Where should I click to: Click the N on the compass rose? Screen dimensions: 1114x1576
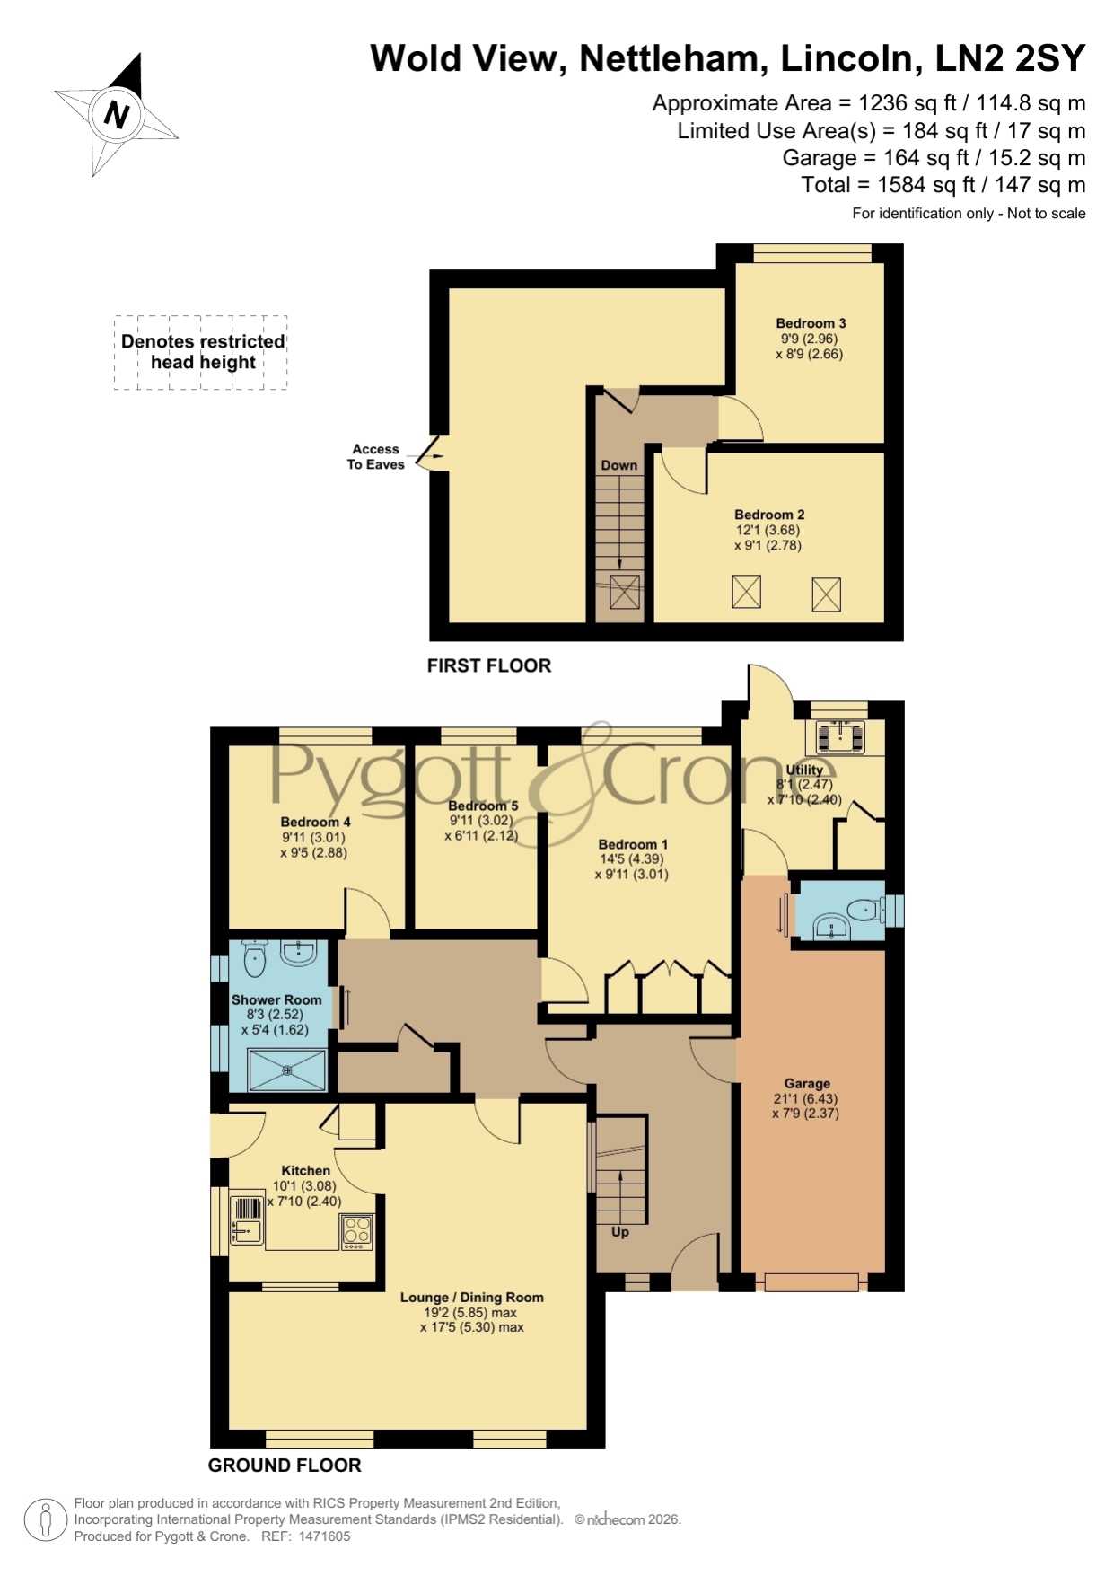point(117,115)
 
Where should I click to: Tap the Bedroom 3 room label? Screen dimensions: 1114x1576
point(811,323)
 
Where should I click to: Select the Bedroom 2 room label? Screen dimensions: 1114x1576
point(769,515)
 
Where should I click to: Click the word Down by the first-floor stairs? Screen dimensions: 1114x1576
point(619,465)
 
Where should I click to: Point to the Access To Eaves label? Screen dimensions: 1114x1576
point(376,456)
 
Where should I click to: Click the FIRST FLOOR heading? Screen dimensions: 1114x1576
point(489,665)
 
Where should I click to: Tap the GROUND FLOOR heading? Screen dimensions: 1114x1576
point(285,1466)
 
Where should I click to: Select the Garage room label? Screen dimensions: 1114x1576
point(807,1083)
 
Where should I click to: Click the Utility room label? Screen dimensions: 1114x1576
point(804,770)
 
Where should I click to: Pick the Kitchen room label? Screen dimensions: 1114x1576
point(306,1170)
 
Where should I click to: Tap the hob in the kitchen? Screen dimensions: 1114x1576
point(356,1232)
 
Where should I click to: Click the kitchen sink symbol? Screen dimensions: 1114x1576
point(246,1220)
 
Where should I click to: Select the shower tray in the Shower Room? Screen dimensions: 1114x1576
point(287,1070)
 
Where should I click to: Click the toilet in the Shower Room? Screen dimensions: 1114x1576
point(255,958)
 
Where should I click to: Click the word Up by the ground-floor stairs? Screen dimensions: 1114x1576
point(619,1232)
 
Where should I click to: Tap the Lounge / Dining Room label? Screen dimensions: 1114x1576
point(472,1297)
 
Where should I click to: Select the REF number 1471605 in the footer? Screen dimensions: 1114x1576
point(324,1536)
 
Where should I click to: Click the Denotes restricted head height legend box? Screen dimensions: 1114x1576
point(201,352)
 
